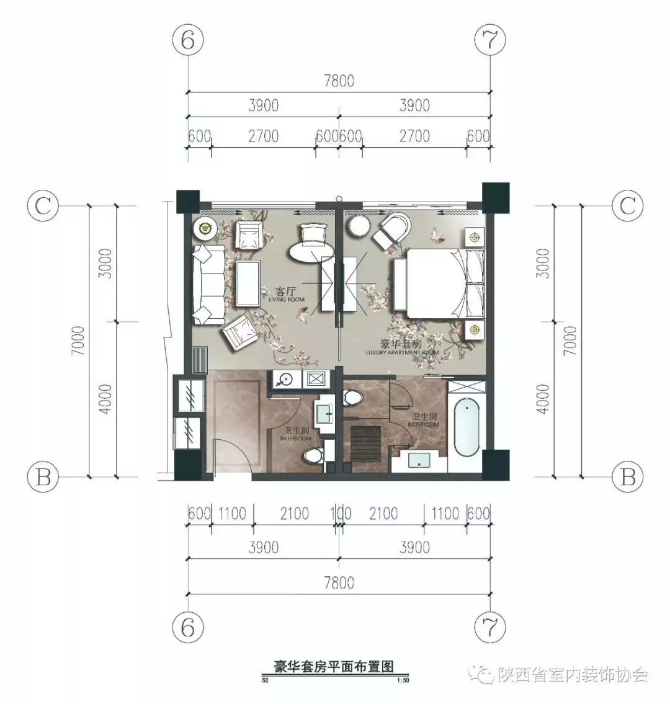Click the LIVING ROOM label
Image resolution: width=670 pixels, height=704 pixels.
click(x=287, y=295)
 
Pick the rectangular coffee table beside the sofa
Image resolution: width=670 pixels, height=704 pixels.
click(x=248, y=283)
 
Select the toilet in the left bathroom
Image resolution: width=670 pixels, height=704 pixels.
click(x=315, y=456)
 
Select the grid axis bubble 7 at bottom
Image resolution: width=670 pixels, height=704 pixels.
click(x=490, y=626)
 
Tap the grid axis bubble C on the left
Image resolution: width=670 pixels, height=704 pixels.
click(x=43, y=206)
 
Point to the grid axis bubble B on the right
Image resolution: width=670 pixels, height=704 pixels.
click(x=627, y=477)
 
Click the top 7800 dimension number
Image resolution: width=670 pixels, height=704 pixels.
click(x=339, y=81)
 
